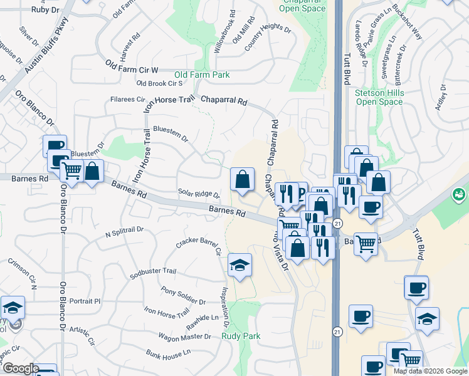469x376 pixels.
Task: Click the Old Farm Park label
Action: pyautogui.click(x=202, y=75)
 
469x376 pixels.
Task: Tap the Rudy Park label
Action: pyautogui.click(x=241, y=337)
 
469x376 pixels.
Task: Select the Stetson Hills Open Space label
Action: pyautogui.click(x=379, y=97)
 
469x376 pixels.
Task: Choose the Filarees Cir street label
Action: pyautogui.click(x=127, y=99)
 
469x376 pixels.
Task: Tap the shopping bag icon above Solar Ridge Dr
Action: pyautogui.click(x=242, y=180)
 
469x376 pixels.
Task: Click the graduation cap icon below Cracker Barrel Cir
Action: pyautogui.click(x=240, y=266)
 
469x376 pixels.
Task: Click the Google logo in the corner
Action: pyautogui.click(x=20, y=368)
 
